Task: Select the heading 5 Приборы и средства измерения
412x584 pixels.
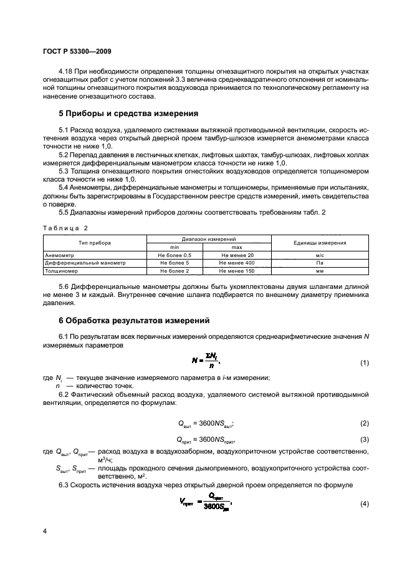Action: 128,114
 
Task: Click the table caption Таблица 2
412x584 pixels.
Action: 65,228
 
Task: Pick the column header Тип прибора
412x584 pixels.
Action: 95,243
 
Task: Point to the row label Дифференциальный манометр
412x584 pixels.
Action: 85,263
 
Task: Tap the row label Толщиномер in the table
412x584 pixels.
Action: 62,271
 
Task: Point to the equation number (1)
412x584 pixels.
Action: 365,363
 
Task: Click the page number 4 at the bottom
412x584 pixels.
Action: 45,530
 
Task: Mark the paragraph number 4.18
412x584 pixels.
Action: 66,72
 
